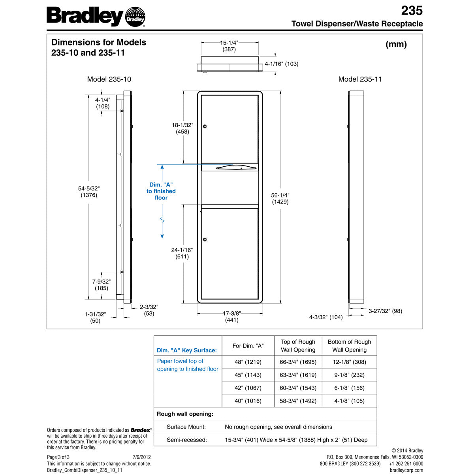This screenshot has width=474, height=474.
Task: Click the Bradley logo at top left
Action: (x=96, y=17)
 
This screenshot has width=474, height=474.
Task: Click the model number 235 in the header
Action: (x=412, y=10)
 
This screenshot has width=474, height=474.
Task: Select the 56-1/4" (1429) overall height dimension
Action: (x=280, y=198)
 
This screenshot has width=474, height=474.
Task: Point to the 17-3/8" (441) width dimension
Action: (x=231, y=317)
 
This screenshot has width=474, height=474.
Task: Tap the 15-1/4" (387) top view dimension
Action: (x=229, y=46)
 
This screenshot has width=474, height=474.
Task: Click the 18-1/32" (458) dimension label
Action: (x=182, y=128)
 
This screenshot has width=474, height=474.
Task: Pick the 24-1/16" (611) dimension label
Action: (x=182, y=253)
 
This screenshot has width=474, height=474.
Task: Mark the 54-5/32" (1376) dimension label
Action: (x=89, y=192)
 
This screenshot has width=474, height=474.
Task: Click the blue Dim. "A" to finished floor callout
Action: (x=161, y=191)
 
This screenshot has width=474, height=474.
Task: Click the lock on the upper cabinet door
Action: (x=205, y=126)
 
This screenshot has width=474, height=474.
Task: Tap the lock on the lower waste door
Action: (x=205, y=239)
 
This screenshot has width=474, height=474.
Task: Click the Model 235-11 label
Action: (x=360, y=79)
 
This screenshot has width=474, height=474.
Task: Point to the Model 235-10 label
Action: (x=109, y=79)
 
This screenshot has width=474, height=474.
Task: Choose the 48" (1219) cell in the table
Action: (x=248, y=362)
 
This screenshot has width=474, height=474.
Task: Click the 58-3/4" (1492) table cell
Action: (x=298, y=401)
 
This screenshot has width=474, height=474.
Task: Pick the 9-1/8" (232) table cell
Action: (x=349, y=375)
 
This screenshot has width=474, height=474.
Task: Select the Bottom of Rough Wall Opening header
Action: (x=349, y=346)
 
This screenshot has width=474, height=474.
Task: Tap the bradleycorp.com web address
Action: (x=406, y=470)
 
